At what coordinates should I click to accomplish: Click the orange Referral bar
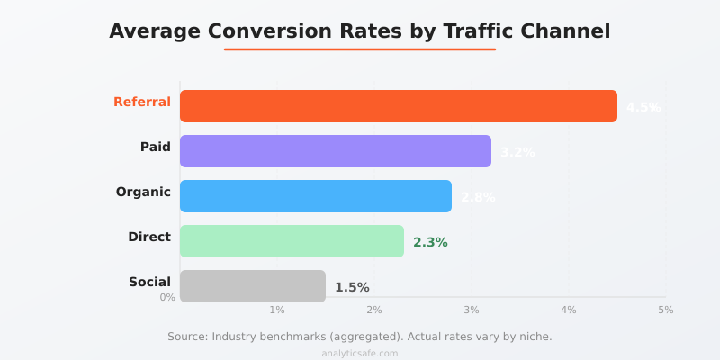pyautogui.click(x=399, y=106)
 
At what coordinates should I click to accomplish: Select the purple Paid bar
pyautogui.click(x=336, y=151)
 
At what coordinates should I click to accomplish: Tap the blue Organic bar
pyautogui.click(x=316, y=196)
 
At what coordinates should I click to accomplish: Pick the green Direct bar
pyautogui.click(x=292, y=241)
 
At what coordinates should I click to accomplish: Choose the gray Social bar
pyautogui.click(x=253, y=286)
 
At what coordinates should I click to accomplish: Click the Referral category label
pyautogui.click(x=142, y=102)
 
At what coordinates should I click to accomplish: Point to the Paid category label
pyautogui.click(x=156, y=147)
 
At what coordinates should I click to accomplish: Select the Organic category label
pyautogui.click(x=143, y=192)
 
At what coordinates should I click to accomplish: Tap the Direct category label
pyautogui.click(x=149, y=237)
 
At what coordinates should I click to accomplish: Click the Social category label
pyautogui.click(x=149, y=282)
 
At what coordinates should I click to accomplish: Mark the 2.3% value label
pyautogui.click(x=430, y=242)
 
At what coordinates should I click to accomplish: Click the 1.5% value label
pyautogui.click(x=352, y=287)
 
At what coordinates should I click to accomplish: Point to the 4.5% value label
pyautogui.click(x=643, y=107)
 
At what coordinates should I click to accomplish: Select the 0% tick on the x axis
pyautogui.click(x=167, y=297)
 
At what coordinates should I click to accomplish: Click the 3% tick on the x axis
pyautogui.click(x=471, y=310)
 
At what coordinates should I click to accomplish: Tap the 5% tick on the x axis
pyautogui.click(x=665, y=310)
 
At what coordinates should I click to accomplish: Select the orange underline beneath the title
pyautogui.click(x=360, y=49)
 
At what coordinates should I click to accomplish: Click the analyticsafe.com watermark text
pyautogui.click(x=360, y=354)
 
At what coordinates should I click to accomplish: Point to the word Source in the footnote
pyautogui.click(x=187, y=336)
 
